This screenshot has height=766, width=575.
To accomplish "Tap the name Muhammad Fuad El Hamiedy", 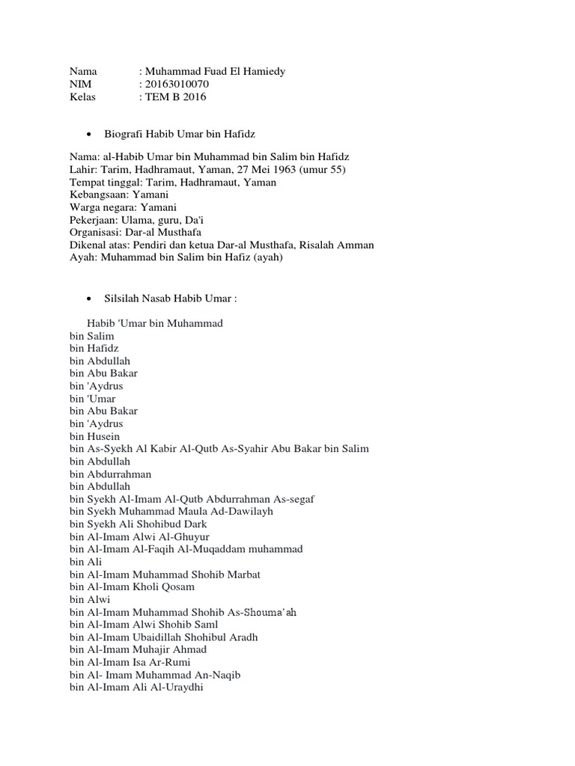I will click(x=215, y=71).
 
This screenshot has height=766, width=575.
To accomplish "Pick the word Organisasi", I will click(x=94, y=232).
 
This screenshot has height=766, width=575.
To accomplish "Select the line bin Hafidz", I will click(x=94, y=349).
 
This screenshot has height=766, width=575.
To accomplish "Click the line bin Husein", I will click(x=95, y=436).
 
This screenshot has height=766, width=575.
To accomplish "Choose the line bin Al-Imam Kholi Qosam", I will click(x=133, y=587).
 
